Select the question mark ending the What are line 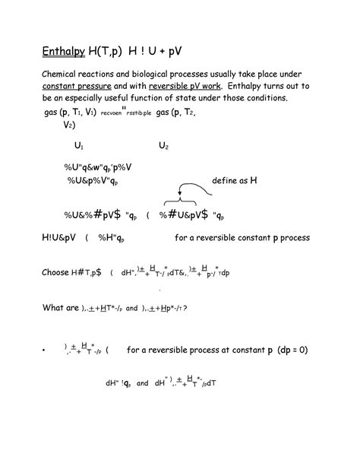point(185,309)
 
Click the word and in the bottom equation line point(142,384)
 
